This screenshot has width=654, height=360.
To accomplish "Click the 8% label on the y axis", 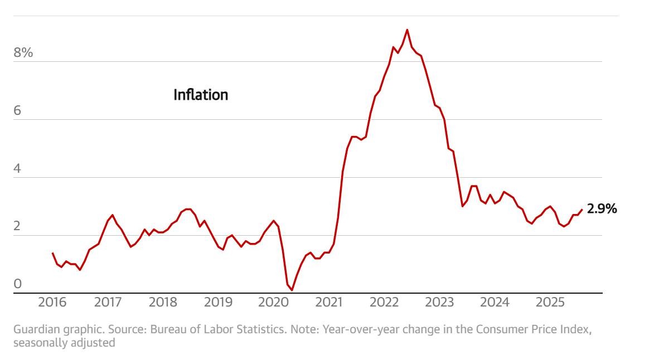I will point(23,53).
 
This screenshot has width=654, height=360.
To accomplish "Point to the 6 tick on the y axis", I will point(18,111).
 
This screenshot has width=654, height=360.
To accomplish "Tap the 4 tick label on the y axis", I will point(18,168).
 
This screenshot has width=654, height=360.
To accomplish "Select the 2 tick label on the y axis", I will point(18,226).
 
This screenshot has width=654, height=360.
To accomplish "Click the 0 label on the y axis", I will point(18,284).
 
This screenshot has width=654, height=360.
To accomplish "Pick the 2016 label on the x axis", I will point(52,303).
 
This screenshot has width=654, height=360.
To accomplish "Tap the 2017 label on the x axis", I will point(108,303).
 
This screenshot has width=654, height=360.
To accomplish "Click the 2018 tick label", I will point(163,303).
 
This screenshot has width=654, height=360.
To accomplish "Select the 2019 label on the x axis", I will point(218,303).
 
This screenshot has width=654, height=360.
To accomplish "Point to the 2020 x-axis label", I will point(273,303).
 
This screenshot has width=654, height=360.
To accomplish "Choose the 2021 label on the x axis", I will point(328,303).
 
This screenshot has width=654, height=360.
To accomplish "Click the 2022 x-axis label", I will point(384,303).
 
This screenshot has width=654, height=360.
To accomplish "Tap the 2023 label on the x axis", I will point(439,303).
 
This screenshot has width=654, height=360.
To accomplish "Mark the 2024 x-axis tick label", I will point(495,303).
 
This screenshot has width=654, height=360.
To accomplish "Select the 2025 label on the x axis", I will point(550,303).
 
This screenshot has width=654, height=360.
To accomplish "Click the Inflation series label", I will point(201,95).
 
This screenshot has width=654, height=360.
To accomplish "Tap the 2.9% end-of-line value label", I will point(602,210).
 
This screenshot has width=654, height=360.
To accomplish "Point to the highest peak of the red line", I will point(407,30).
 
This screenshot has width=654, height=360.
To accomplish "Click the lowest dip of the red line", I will point(292,290).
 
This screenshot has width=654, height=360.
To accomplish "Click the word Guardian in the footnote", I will point(33,329).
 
